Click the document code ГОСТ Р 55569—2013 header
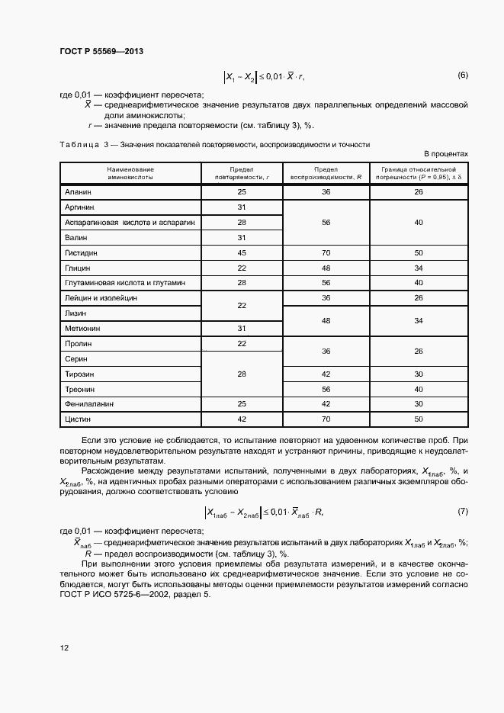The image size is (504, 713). coord(101,51)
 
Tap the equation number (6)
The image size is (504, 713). coord(462,75)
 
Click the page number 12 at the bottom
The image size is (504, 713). coord(64,647)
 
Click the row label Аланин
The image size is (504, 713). coord(79,192)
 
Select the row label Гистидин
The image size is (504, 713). coord(82,252)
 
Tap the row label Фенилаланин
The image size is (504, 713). coord(88,403)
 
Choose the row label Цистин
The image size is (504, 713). coord(79,419)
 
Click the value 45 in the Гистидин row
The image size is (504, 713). coord(242,252)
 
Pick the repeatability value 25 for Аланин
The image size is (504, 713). coord(242,192)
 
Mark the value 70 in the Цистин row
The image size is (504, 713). coord(326,419)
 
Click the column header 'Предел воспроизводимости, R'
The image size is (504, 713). coord(326,172)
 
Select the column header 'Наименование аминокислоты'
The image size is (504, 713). coord(130,172)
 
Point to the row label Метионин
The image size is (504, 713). coord(82,328)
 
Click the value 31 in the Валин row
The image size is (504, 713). coord(242,237)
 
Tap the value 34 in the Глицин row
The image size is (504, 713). coord(418,268)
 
